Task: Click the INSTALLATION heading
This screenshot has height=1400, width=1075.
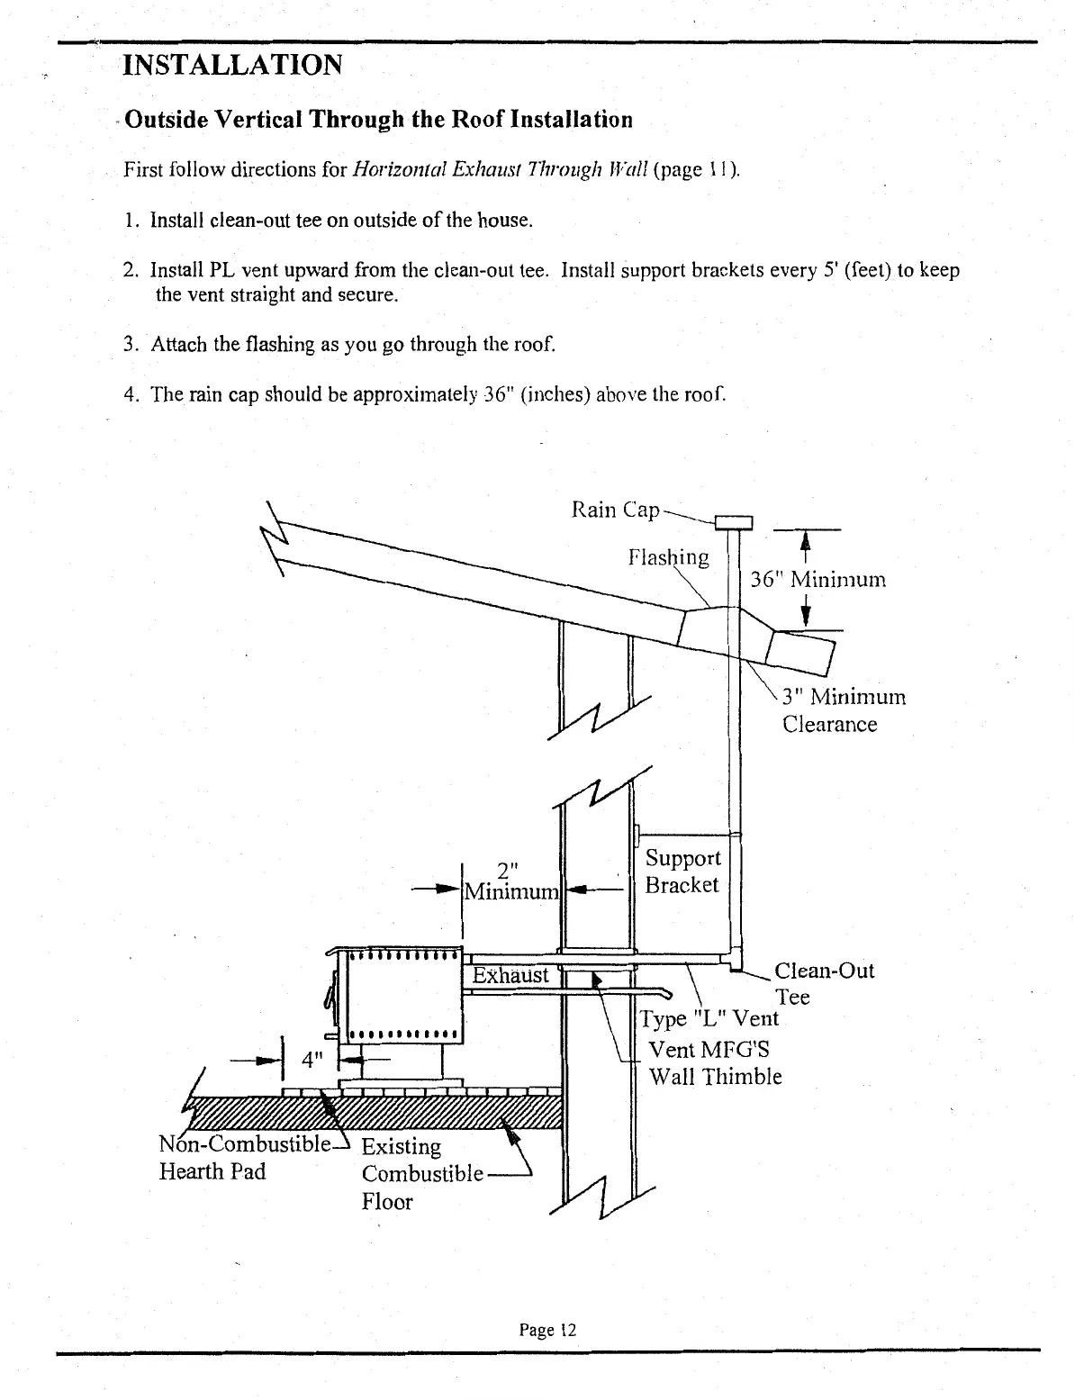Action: click(232, 65)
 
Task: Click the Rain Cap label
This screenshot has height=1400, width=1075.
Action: click(616, 510)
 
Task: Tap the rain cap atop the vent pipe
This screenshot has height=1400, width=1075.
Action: click(733, 522)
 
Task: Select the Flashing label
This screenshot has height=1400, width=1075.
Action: click(668, 557)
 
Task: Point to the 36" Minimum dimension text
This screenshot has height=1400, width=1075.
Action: click(818, 579)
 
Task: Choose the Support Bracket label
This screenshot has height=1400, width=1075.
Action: click(682, 872)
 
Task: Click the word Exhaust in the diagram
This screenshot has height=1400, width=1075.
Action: click(510, 975)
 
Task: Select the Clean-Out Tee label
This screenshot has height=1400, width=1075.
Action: click(823, 983)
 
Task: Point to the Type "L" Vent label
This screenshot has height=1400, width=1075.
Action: click(708, 1018)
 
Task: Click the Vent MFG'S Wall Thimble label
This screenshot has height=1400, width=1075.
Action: click(715, 1063)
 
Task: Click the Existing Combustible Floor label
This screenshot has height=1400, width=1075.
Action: click(421, 1174)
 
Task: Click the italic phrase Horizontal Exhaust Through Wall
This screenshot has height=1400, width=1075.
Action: click(497, 170)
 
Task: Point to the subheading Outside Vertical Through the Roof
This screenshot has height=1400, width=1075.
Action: click(378, 120)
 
